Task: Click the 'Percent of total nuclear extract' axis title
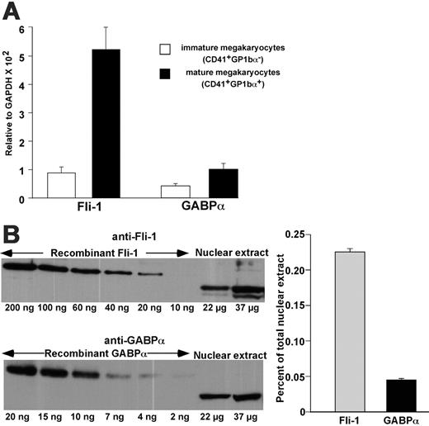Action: click(x=283, y=322)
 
